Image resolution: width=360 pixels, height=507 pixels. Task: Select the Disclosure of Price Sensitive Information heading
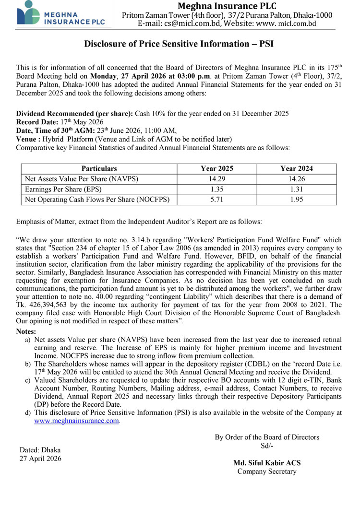(x=179, y=44)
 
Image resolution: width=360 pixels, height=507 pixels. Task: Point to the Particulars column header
(x=99, y=169)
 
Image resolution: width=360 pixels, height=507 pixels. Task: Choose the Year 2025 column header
(x=217, y=169)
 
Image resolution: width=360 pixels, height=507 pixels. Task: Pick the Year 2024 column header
(x=297, y=169)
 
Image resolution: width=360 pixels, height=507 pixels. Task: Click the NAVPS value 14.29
(x=217, y=179)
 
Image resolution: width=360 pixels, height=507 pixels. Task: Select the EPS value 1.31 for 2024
(x=297, y=189)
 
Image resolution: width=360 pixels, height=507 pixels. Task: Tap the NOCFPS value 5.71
(x=217, y=200)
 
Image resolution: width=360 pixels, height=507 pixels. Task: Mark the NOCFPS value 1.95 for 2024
(x=297, y=200)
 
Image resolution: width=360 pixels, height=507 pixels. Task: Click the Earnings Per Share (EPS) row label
(x=65, y=189)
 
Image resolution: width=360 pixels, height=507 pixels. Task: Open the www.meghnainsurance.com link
(x=76, y=421)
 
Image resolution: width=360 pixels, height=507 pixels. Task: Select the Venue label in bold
(x=27, y=139)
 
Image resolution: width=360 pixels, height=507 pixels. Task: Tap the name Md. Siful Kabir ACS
(x=267, y=463)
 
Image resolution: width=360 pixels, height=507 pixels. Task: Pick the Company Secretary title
(x=267, y=472)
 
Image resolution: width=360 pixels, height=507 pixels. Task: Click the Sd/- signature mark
(x=267, y=446)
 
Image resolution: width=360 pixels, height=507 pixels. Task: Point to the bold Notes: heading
(x=26, y=331)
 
